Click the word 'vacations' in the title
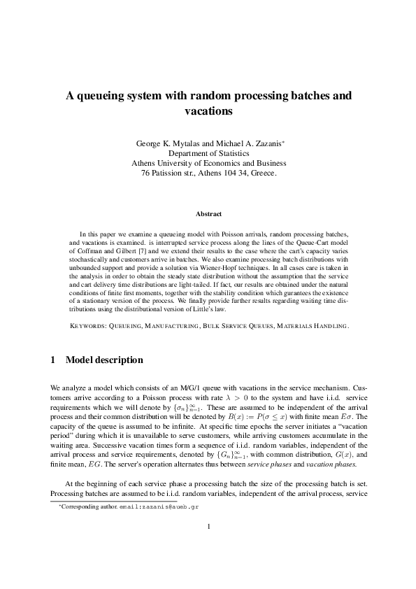point(208,111)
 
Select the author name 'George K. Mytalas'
point(166,143)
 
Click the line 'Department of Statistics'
point(208,153)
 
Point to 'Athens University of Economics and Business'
point(208,163)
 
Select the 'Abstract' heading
point(208,213)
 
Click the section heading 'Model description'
point(104,360)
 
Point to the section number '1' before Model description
point(54,360)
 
